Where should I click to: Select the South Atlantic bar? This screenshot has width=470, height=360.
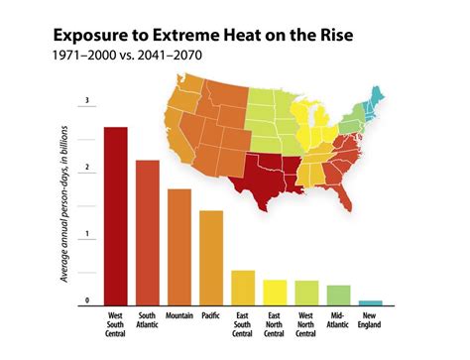tap(148, 232)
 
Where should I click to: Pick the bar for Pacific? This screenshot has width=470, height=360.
tap(211, 257)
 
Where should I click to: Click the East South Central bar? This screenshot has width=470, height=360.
tap(243, 287)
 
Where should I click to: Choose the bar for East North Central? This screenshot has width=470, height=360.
tap(275, 292)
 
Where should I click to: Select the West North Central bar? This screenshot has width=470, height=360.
tap(306, 293)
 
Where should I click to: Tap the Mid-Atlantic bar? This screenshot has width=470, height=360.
tap(338, 295)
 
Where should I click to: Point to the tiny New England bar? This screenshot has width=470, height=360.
tap(370, 301)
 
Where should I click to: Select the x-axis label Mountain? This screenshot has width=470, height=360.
tap(179, 316)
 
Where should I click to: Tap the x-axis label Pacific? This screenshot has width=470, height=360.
tap(211, 316)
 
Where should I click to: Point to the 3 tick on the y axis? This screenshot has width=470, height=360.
tap(87, 100)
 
